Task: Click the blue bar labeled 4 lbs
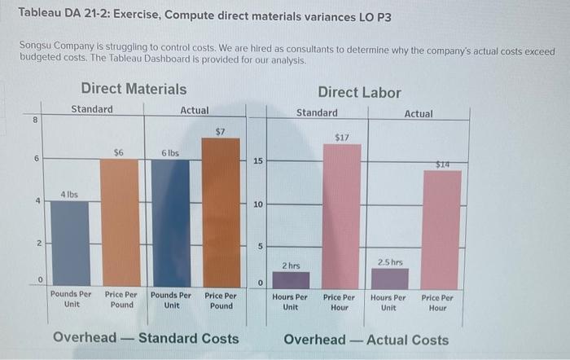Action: tap(70, 243)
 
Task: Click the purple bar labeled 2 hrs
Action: tap(291, 279)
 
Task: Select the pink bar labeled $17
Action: tap(340, 216)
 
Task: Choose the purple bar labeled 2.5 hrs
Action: tap(389, 277)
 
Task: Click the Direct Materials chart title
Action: tap(134, 89)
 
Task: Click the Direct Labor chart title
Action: tap(359, 92)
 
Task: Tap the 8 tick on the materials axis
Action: tap(35, 120)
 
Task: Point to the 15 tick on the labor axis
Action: tap(257, 161)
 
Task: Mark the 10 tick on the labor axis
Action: tap(257, 204)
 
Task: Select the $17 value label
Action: tap(341, 138)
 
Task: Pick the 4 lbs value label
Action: tap(69, 194)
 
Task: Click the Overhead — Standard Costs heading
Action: tap(146, 338)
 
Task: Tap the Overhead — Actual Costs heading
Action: tap(366, 340)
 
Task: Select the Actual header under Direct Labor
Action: tap(419, 114)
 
